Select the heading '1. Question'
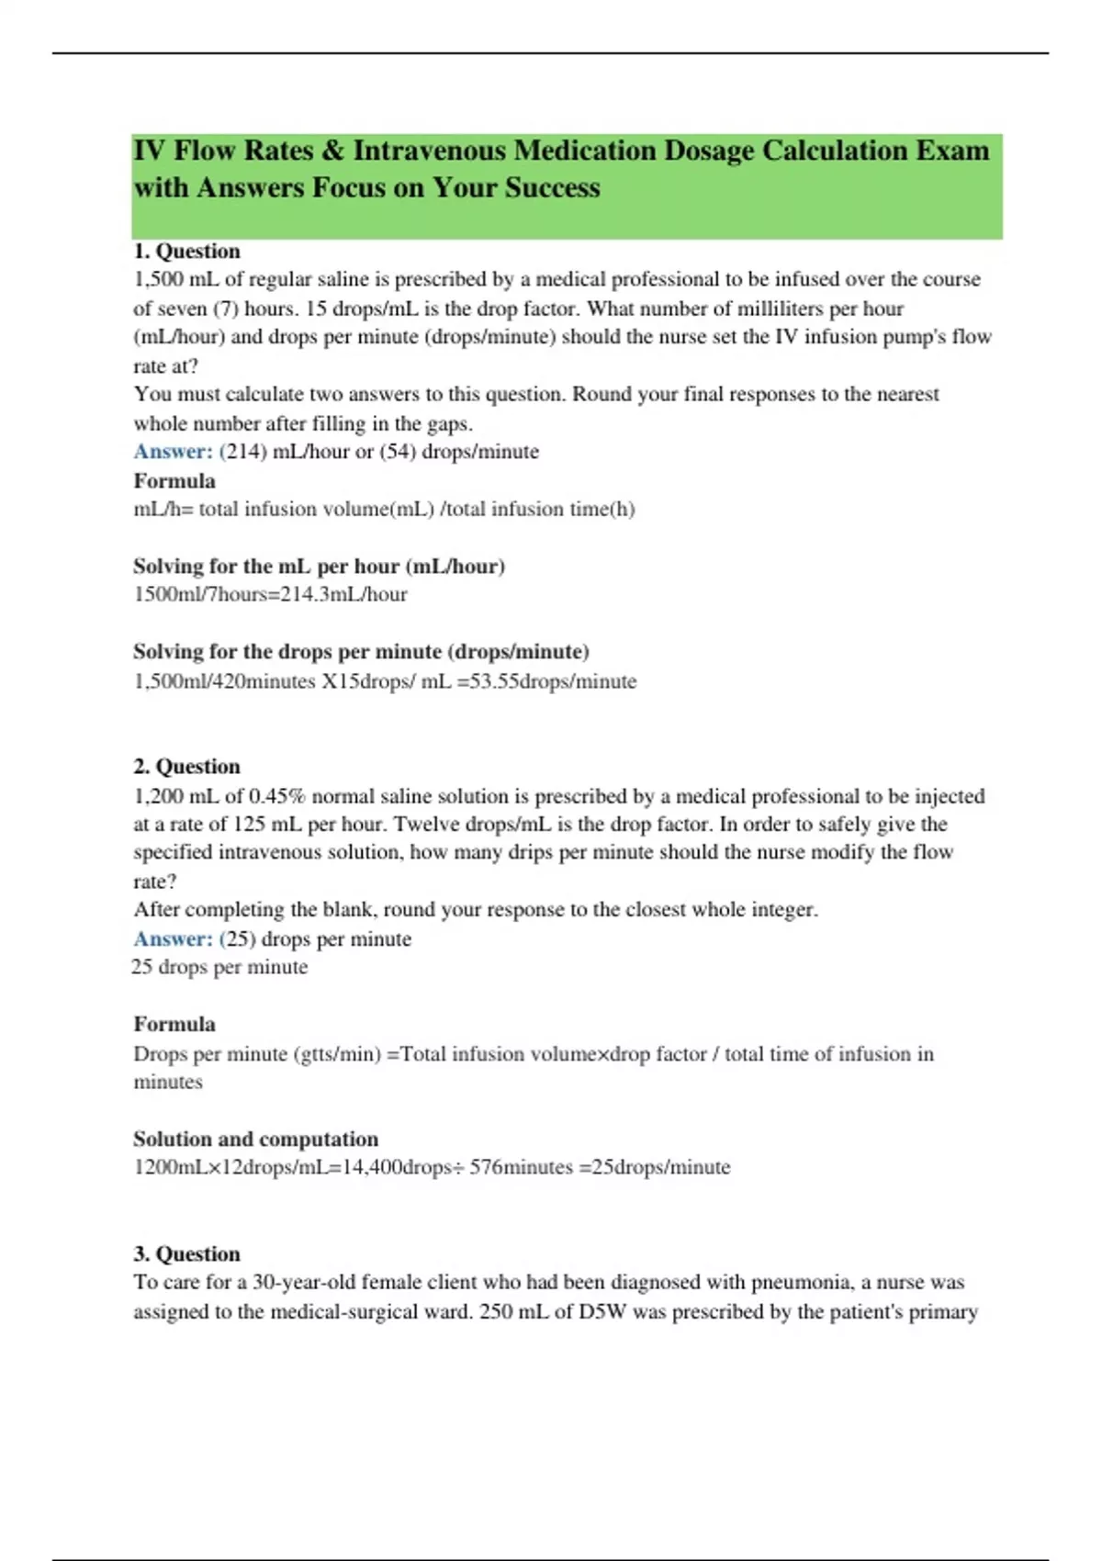pyautogui.click(x=186, y=251)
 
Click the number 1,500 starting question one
pyautogui.click(x=158, y=279)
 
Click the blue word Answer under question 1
pyautogui.click(x=173, y=452)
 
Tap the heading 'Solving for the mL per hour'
pyautogui.click(x=319, y=566)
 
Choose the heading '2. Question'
pyautogui.click(x=186, y=766)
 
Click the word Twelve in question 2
pyautogui.click(x=427, y=824)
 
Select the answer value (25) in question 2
pyautogui.click(x=238, y=938)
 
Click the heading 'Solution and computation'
pyautogui.click(x=255, y=1139)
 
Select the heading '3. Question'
pyautogui.click(x=186, y=1253)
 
